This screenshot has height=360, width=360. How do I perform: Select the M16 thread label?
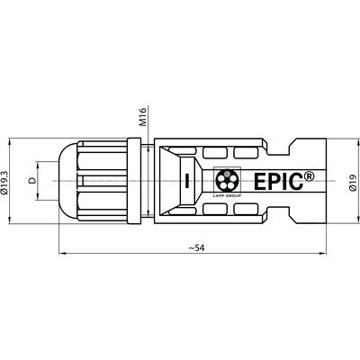tap(133, 117)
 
